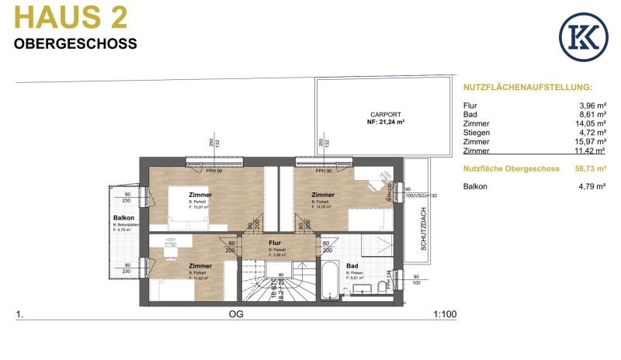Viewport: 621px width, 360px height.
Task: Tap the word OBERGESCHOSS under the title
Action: pos(75,44)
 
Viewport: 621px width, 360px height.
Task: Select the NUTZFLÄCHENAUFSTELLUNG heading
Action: pos(527,88)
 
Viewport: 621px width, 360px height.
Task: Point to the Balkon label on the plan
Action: pos(124,219)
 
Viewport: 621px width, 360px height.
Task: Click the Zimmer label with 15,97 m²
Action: pos(200,195)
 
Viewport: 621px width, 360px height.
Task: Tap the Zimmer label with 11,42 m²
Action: pos(200,265)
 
